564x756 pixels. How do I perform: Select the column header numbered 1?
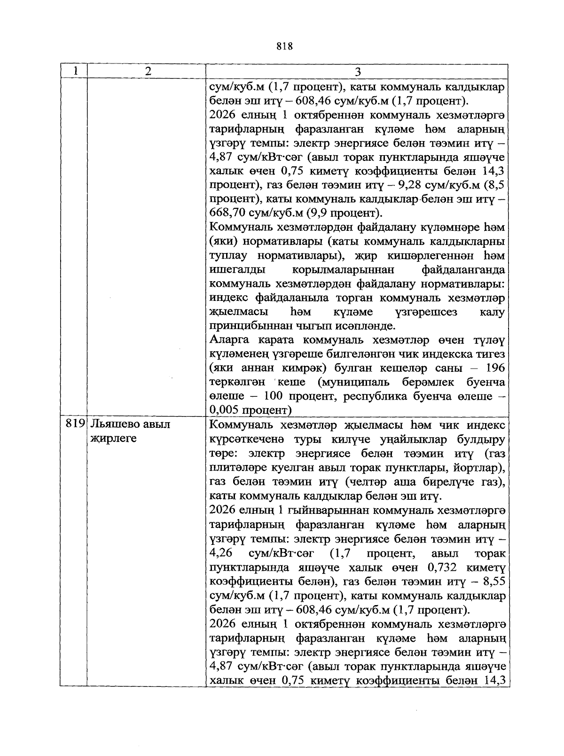pos(75,71)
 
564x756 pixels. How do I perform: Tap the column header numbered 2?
pos(148,71)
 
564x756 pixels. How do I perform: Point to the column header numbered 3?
pos(358,71)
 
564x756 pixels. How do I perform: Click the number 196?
pos(496,368)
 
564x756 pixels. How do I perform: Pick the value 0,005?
pos(224,409)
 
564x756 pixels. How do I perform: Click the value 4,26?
pos(219,553)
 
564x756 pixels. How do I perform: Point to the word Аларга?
pos(227,340)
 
